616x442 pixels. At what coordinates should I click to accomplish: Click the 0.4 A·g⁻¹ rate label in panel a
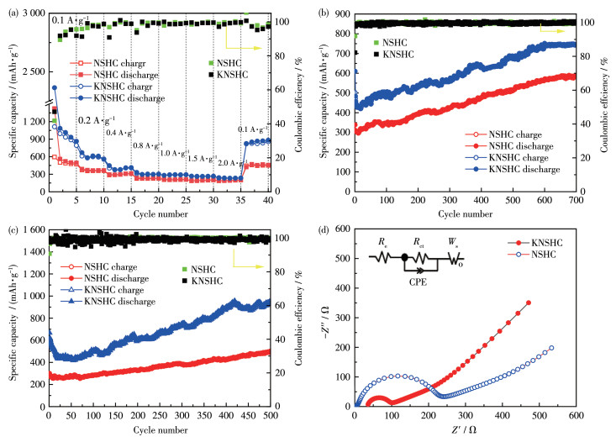pos(120,133)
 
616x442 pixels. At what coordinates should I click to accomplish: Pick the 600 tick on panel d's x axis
pos(577,416)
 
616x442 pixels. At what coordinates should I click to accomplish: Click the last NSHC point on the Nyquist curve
pos(551,348)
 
